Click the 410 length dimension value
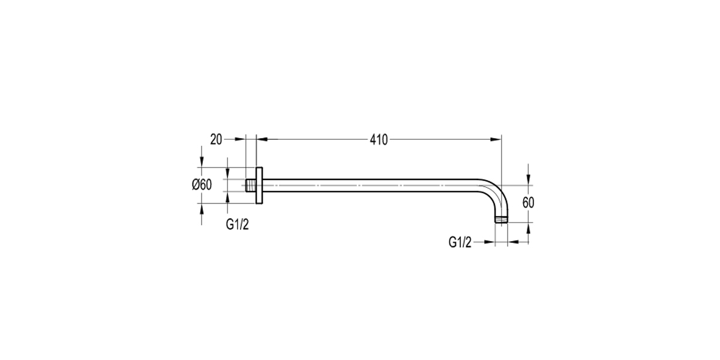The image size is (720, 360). (x=379, y=140)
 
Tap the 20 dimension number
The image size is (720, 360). (x=216, y=140)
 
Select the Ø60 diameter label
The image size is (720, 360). (x=202, y=185)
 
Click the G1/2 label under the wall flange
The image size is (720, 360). (x=237, y=224)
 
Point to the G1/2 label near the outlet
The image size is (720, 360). (x=460, y=242)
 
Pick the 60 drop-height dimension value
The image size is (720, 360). (x=528, y=203)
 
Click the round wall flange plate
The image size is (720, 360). (x=259, y=185)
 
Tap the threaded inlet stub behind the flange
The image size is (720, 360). (x=251, y=185)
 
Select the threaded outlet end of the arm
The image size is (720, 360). (x=502, y=220)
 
